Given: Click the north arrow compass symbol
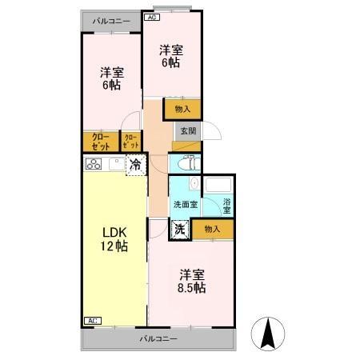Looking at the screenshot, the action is click(x=268, y=334).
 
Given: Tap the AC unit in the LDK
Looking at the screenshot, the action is click(x=93, y=321).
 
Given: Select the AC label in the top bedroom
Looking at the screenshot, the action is click(x=152, y=18).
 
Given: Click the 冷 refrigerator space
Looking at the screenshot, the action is click(x=136, y=166).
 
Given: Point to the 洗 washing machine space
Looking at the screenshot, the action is click(x=180, y=230).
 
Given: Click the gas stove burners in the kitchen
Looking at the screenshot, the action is click(x=94, y=164).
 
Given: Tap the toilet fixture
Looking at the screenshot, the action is click(x=190, y=163).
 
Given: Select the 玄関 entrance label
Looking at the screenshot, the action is click(x=188, y=131).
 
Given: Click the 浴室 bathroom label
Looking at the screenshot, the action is click(x=226, y=206).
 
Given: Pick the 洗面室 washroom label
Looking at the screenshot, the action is click(x=186, y=205).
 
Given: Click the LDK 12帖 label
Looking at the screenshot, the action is click(x=114, y=239).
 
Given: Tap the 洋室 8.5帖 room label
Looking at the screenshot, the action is click(x=192, y=282).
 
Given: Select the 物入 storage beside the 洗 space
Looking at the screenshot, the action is click(x=213, y=229).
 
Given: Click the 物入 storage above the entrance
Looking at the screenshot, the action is click(x=182, y=109).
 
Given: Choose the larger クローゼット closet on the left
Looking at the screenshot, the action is click(x=101, y=142).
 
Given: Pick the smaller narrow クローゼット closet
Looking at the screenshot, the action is click(x=131, y=142).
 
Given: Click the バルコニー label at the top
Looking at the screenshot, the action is click(x=111, y=22).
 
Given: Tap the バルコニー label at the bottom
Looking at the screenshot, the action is click(x=158, y=339).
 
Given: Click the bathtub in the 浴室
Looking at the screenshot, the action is click(x=218, y=185).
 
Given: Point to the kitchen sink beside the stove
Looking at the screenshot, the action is click(x=117, y=163).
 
